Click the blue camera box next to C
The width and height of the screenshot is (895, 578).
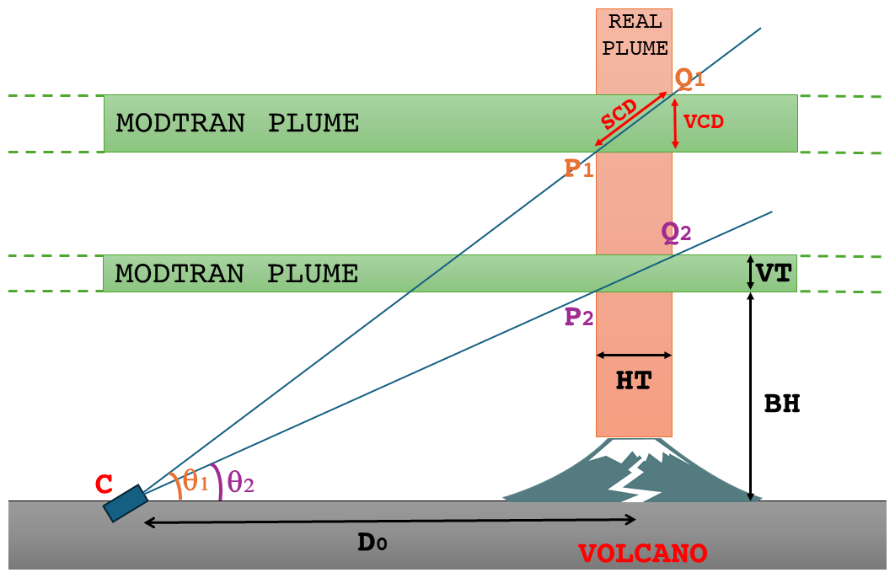tap(125, 503)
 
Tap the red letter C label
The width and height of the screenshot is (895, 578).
tap(104, 484)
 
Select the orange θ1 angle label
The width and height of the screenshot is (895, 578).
tap(196, 482)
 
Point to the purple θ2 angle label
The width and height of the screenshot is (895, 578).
tap(240, 482)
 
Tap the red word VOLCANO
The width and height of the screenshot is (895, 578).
tap(642, 554)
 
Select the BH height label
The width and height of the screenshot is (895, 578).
tap(781, 404)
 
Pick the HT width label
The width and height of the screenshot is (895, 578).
tap(633, 382)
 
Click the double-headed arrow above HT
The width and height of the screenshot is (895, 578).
tap(634, 355)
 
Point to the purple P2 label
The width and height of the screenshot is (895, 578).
tap(579, 318)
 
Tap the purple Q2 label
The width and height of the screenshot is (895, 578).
tap(676, 232)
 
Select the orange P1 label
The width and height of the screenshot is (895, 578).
tap(579, 169)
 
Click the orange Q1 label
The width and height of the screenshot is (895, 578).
tap(689, 79)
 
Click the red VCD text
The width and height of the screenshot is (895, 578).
tap(704, 121)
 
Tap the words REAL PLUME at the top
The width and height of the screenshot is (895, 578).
tap(635, 35)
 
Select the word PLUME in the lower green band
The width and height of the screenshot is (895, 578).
tap(313, 274)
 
